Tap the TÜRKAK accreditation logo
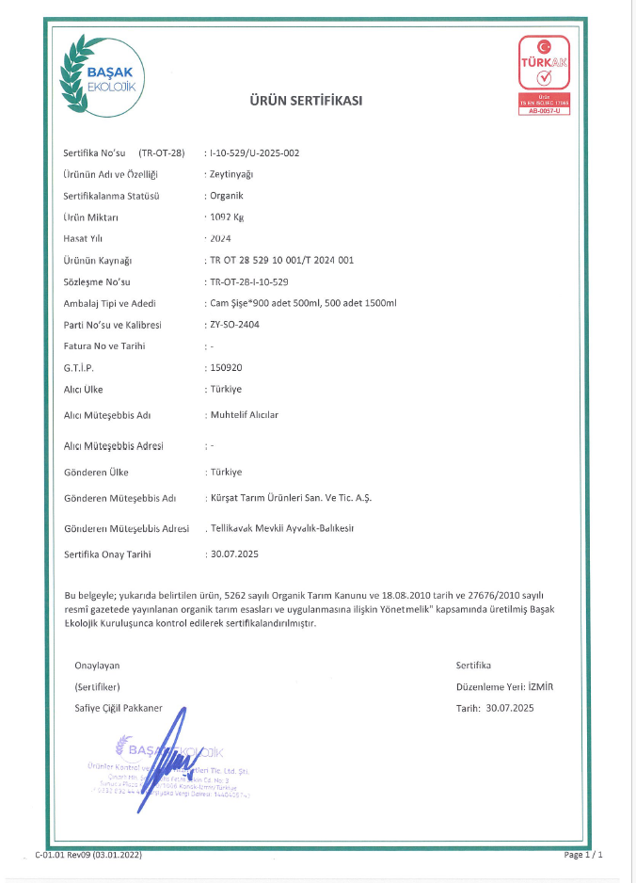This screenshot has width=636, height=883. [x=545, y=74]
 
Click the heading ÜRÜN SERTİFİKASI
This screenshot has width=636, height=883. [x=305, y=101]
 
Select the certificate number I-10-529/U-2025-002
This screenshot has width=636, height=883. [x=254, y=153]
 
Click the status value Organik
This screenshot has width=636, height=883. [x=227, y=196]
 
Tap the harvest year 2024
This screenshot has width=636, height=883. [x=221, y=238]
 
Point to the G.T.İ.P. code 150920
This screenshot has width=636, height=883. [x=226, y=368]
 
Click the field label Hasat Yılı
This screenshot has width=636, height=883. [x=83, y=238]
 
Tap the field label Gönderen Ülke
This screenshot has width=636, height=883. [x=96, y=472]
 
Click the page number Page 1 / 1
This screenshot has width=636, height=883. [x=582, y=855]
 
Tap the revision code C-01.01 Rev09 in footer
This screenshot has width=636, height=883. [x=87, y=855]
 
